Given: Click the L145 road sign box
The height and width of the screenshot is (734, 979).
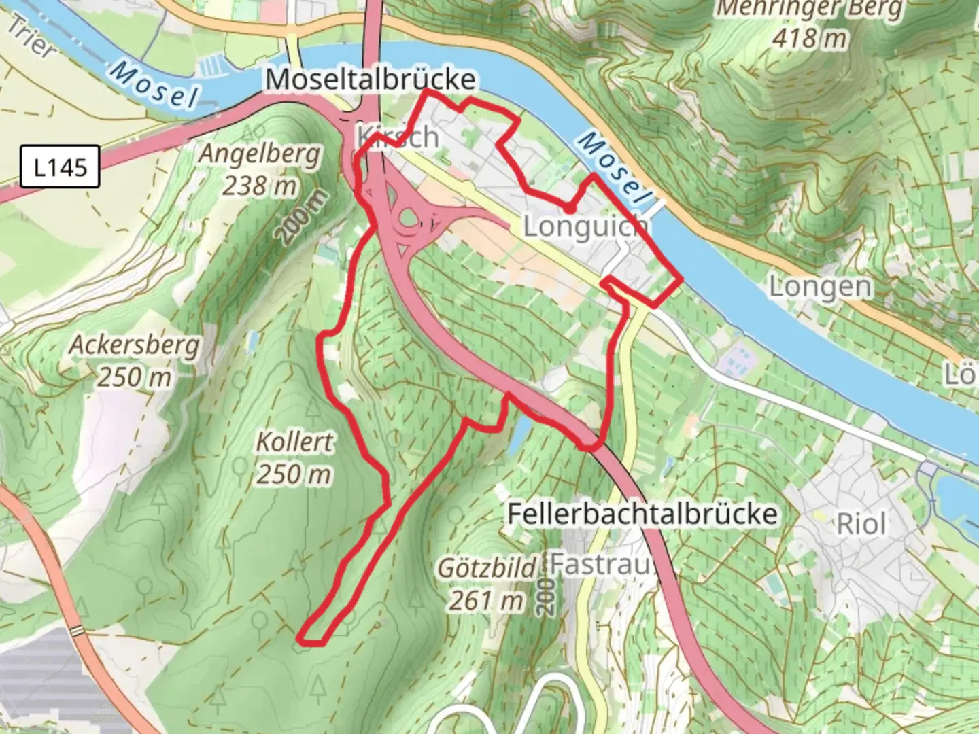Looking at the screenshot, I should (x=61, y=167).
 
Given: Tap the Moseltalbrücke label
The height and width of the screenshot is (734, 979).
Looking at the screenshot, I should (x=370, y=80).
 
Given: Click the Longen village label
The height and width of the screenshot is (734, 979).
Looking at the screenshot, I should (x=820, y=287).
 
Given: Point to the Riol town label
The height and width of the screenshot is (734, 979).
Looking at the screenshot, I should (x=861, y=524).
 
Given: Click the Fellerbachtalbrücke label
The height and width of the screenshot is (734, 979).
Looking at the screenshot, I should (x=642, y=513).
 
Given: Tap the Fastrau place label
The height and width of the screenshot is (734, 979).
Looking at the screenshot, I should (x=600, y=563).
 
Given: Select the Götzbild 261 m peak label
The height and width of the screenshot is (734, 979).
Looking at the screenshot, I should (x=487, y=584).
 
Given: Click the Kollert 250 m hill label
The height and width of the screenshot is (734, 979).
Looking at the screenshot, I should (x=294, y=457).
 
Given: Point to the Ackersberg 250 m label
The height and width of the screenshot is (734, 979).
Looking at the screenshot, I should (x=134, y=360).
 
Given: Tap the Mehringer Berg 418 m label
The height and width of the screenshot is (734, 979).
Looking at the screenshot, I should (x=810, y=23).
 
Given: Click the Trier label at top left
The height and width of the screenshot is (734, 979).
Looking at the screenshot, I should (x=31, y=37).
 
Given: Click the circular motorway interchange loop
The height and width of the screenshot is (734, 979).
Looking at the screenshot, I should (x=409, y=219).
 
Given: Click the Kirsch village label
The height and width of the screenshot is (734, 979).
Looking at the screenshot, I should (x=398, y=137).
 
